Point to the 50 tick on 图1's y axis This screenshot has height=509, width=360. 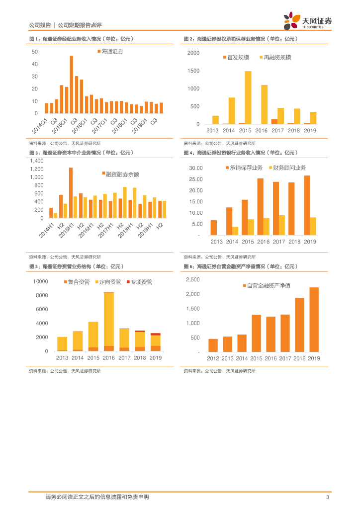coord(35,52)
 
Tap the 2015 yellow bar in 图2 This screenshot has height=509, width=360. coord(248,97)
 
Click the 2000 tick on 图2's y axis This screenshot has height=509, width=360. coord(193,53)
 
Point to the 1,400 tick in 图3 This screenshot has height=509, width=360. coord(37,161)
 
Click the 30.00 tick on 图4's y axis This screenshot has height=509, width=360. coord(195,169)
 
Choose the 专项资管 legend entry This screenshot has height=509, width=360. coord(141,282)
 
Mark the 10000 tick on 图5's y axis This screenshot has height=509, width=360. coord(40,282)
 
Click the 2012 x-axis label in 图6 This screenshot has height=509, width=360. coord(213,358)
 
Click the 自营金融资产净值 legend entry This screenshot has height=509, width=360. coord(269,286)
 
